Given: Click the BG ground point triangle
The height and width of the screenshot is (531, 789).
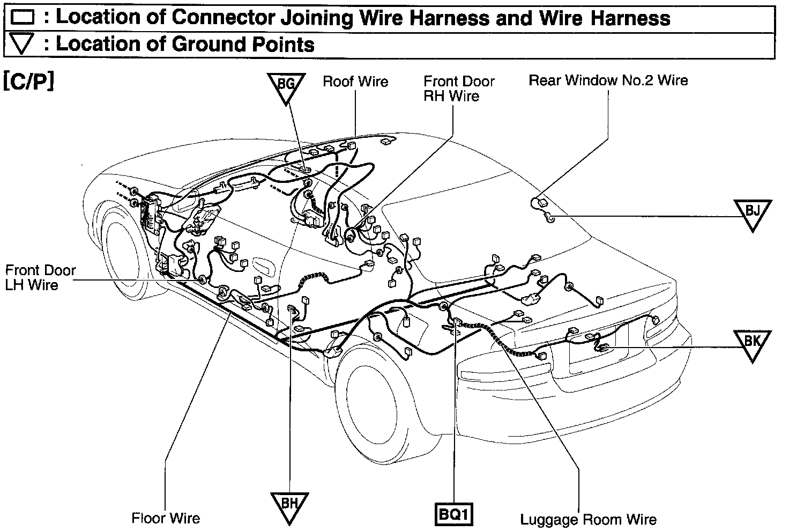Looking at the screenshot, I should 286,86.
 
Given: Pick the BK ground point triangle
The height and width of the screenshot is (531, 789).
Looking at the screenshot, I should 753,344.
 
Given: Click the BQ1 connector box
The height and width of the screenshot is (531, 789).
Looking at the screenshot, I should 455,515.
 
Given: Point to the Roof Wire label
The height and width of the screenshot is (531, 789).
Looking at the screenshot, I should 355,82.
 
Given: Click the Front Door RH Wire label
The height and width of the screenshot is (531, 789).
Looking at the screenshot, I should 459,88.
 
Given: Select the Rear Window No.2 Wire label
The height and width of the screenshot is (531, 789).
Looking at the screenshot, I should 608,80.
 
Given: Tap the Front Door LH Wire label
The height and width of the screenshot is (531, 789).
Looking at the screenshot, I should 40,277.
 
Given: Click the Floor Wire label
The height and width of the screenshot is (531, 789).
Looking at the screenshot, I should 166,518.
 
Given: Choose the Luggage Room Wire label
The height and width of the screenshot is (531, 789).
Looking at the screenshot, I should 588,519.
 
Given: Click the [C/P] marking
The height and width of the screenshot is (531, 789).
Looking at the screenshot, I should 29,82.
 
